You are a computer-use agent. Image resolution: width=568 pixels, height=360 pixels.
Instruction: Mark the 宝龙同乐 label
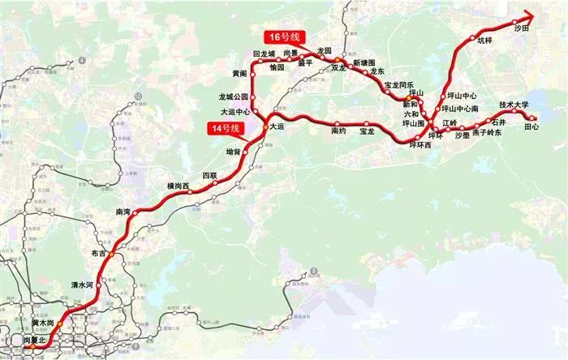click(x=398, y=85)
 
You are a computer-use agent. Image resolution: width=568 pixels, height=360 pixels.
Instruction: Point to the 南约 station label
click(x=339, y=131)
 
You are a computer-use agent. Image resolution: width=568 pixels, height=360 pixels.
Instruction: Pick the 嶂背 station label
click(x=233, y=151)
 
